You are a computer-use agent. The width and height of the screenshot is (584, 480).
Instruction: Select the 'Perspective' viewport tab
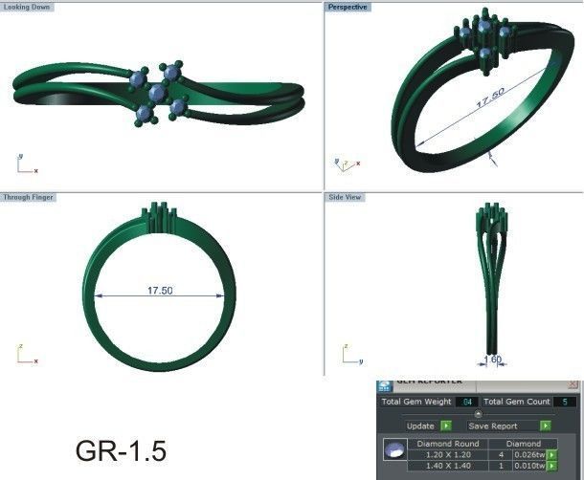point(348,7)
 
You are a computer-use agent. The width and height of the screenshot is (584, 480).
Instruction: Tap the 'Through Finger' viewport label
point(27,197)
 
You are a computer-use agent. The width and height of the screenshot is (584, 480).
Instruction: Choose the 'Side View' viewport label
point(346,197)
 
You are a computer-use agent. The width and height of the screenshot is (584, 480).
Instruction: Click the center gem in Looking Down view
point(158,93)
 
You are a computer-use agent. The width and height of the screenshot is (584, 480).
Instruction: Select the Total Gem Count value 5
point(567,402)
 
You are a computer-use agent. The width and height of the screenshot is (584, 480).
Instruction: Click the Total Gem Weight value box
point(466,402)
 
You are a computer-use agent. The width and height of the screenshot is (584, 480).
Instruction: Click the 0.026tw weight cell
point(528,455)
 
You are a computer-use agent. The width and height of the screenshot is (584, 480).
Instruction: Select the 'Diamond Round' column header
point(445,444)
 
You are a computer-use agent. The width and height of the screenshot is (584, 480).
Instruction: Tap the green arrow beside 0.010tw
point(551,467)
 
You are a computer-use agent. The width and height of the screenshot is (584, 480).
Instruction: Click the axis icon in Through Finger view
point(25,355)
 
